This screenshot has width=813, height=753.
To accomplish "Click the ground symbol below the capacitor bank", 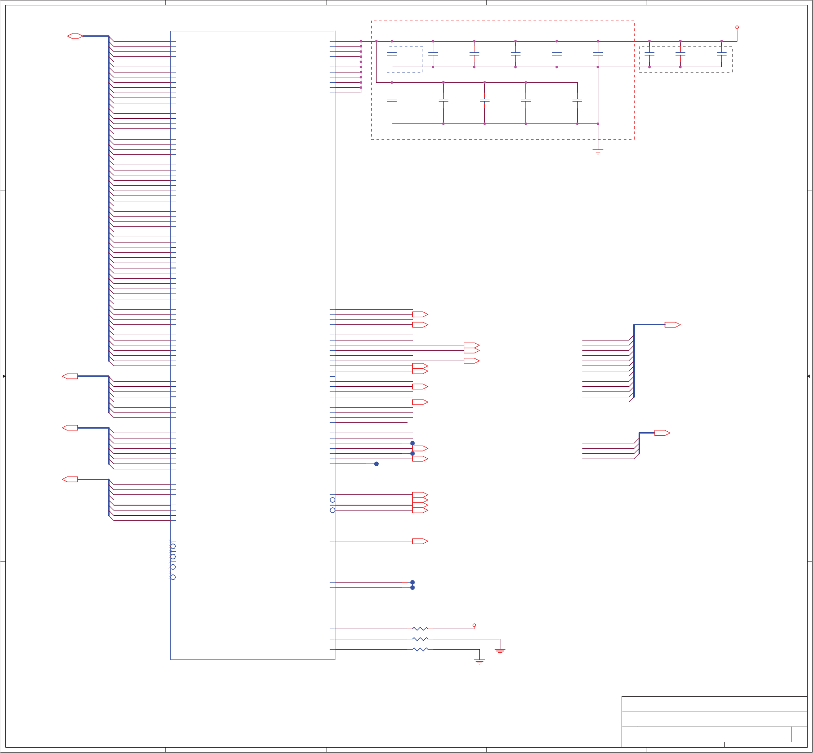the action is point(598,152).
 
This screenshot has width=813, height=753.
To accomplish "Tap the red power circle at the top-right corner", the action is point(737,27).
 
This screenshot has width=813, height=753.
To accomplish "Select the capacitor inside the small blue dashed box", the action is point(392,54).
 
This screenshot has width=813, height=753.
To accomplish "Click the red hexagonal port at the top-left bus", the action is point(75,36).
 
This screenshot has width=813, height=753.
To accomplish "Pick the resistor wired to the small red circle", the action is point(420,629).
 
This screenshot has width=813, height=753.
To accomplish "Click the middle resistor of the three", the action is point(420,639).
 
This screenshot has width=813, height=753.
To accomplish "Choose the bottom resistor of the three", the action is point(420,649).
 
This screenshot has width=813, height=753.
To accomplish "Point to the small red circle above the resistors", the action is point(474,625).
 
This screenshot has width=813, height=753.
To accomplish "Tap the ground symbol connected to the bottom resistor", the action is point(479,662).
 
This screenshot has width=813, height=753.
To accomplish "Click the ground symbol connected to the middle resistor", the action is point(500,651).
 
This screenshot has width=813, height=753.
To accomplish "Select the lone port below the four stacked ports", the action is point(420,541).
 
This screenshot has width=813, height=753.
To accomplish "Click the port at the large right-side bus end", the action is point(672,325).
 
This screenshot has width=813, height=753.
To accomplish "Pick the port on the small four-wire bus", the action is point(662,433).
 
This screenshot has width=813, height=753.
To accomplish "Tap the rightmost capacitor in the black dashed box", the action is point(721,54).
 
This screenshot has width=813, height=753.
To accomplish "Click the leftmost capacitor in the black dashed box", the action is point(649,54).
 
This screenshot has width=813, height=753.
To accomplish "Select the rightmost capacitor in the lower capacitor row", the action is point(577,101).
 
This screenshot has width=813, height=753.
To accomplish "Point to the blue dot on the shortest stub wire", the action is point(377,464).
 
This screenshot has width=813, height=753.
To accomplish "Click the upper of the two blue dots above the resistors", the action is point(412,582).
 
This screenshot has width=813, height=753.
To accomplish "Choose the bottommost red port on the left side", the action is point(70,479).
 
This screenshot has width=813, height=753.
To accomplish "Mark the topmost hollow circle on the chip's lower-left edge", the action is point(173,546).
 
